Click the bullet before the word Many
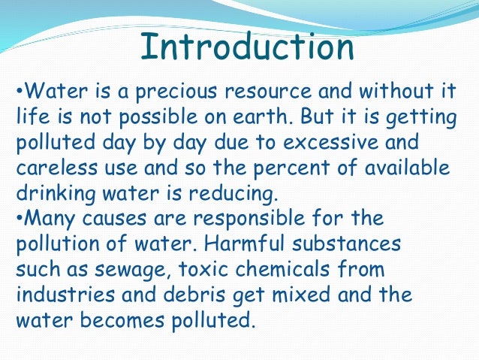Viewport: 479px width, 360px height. (x=19, y=218)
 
